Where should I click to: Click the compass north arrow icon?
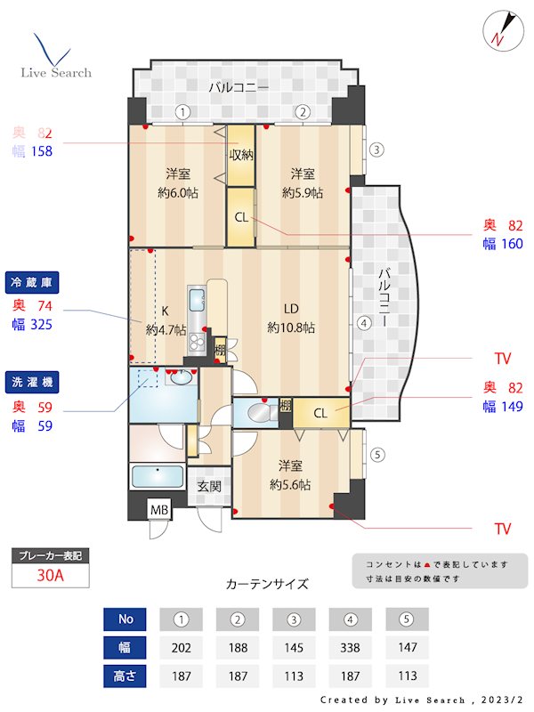point(500,31)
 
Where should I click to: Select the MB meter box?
point(159,510)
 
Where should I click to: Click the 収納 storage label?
point(241,155)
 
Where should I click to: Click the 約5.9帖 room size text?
point(303,192)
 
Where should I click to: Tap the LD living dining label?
point(291,309)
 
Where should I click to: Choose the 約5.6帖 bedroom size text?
point(290,485)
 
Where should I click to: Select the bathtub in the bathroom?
point(158,477)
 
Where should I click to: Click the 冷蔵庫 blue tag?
point(31,281)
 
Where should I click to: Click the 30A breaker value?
point(50,575)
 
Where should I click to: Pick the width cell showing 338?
point(350,647)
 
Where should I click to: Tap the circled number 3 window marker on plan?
point(376,150)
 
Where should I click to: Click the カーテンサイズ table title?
point(267,585)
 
